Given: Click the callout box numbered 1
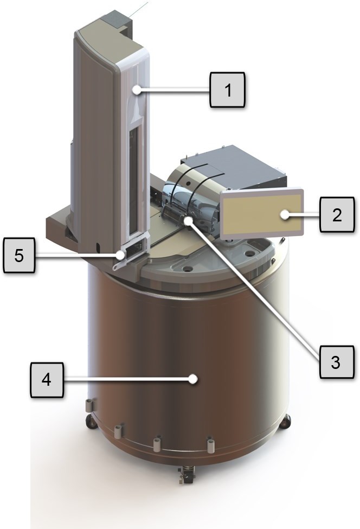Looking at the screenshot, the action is click(x=228, y=90).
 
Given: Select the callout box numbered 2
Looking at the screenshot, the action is click(x=337, y=214).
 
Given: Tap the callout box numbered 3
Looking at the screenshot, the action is click(x=336, y=362).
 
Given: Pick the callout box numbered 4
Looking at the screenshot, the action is click(x=47, y=380).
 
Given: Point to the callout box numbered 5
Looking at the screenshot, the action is click(x=19, y=255).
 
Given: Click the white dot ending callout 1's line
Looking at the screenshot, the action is click(x=137, y=90).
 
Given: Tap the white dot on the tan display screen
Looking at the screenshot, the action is click(x=285, y=214).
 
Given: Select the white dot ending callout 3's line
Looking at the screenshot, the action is click(x=188, y=220).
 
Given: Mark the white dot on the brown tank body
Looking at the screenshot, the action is click(x=193, y=379).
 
